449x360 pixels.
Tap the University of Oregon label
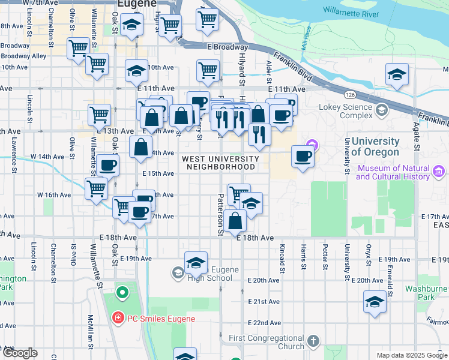click(x=375, y=146)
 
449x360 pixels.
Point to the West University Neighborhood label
click(x=220, y=163)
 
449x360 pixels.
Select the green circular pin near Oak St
click(x=122, y=293)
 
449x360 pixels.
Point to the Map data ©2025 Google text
click(x=411, y=355)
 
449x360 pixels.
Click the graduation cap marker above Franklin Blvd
click(x=397, y=75)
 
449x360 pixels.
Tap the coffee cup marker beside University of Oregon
click(x=303, y=157)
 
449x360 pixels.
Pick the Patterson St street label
click(x=220, y=214)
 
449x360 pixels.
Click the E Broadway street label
click(x=227, y=47)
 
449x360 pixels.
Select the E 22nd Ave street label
click(x=264, y=323)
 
